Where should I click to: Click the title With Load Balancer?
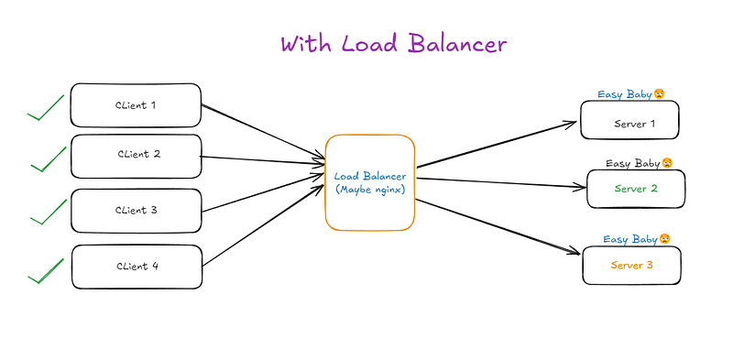tap(394, 44)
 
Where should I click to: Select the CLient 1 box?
tap(136, 105)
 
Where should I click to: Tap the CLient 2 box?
tap(136, 156)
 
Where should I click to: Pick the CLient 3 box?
tap(136, 211)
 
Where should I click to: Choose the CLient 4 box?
tap(137, 267)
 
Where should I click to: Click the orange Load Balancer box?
tap(370, 183)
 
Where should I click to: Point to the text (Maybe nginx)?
tap(370, 190)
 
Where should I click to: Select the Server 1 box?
tap(629, 120)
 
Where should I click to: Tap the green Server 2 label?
tap(636, 189)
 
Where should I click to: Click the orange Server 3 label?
tap(631, 265)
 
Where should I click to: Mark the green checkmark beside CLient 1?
tap(45, 107)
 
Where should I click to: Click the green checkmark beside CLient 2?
tap(49, 159)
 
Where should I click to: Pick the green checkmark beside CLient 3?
tap(49, 212)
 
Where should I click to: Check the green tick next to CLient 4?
tap(46, 271)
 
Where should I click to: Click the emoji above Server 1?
tap(659, 94)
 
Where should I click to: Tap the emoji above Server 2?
tap(667, 163)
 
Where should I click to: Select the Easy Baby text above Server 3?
tap(630, 239)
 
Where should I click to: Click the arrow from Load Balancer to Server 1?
tap(497, 144)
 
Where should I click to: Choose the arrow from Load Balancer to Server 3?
tap(498, 227)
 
